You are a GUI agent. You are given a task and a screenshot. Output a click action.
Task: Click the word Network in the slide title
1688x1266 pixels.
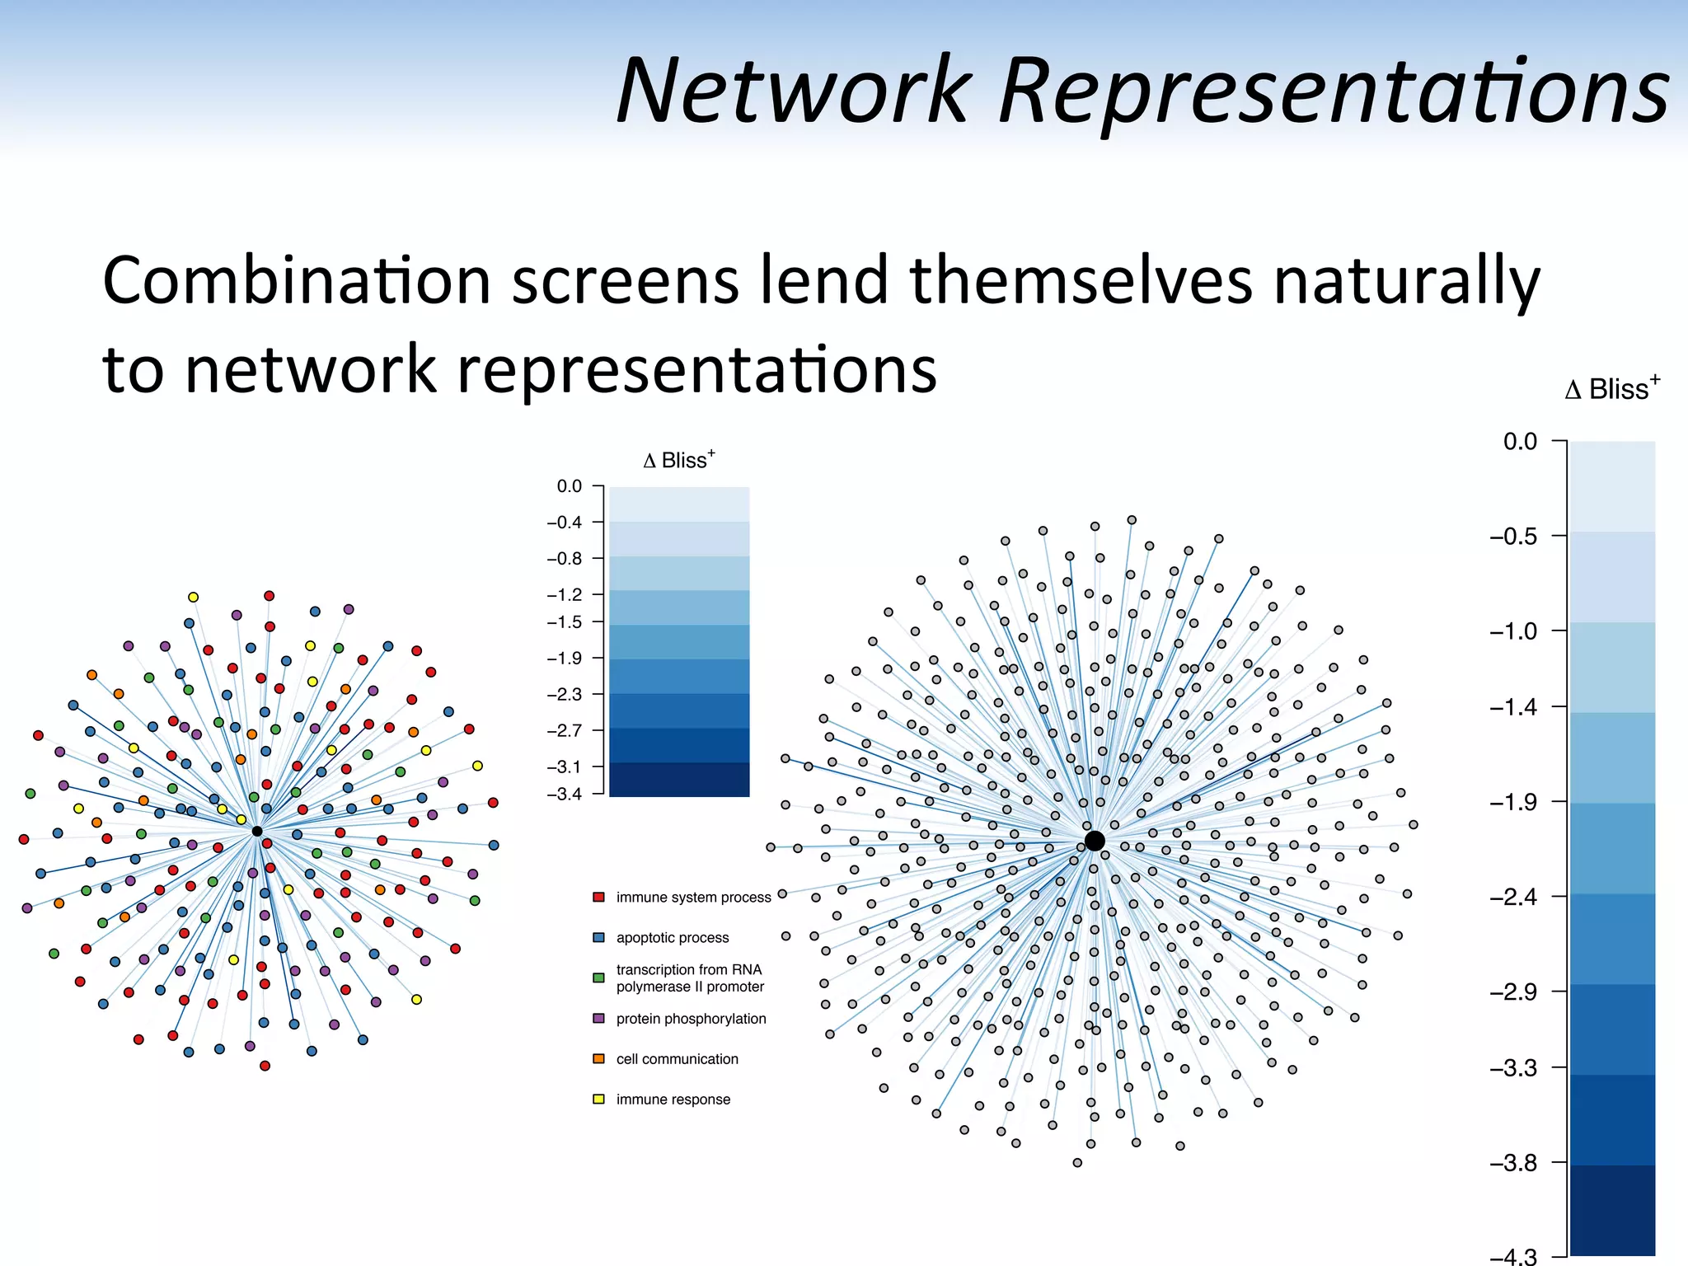794,91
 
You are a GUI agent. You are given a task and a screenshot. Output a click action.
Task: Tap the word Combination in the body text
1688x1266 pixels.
297,281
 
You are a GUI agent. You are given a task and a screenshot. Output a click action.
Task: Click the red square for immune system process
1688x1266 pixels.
599,897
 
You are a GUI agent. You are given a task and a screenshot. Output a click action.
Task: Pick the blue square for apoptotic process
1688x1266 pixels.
599,937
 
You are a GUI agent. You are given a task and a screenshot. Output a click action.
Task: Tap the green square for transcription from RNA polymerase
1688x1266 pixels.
599,978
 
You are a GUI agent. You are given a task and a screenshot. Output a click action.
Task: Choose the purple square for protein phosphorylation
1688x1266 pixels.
599,1019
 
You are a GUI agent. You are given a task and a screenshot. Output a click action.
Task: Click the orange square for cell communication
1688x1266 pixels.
599,1059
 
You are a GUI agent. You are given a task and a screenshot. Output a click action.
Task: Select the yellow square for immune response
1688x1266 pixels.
599,1100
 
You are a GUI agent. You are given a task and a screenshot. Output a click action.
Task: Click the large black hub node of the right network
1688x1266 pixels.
1095,841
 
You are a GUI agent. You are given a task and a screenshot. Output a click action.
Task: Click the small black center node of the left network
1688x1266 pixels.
257,832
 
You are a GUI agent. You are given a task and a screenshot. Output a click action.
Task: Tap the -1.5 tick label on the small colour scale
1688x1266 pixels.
565,622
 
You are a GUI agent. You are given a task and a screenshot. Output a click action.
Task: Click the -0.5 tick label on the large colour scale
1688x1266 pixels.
1513,537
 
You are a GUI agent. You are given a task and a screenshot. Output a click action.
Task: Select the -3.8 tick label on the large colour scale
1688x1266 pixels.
1513,1163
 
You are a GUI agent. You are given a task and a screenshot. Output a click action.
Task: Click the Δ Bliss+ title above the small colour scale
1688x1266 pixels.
679,460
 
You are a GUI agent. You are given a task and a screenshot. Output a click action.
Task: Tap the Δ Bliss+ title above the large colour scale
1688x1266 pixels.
1612,388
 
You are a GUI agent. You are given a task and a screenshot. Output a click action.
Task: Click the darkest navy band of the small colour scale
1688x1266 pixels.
679,779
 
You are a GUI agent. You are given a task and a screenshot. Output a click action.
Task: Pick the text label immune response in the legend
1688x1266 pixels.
673,1100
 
